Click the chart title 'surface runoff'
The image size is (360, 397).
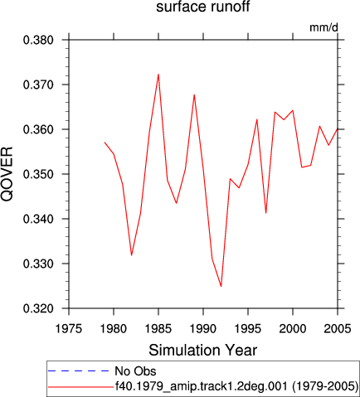coord(203,7)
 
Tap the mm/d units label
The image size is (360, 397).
coord(324,27)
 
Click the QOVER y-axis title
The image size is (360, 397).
coord(7,174)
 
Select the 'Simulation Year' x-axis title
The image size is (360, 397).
coord(203,351)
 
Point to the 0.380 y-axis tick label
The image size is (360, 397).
coord(38,40)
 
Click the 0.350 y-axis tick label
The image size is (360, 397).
coord(38,174)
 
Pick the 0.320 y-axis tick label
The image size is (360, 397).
coord(38,308)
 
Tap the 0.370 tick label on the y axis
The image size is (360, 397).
coord(38,85)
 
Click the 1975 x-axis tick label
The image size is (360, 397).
coord(69,329)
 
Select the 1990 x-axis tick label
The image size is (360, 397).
coord(203,329)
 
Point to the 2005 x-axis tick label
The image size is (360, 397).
coord(338,329)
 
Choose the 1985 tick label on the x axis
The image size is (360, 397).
coord(158,329)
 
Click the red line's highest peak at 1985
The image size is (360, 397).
coord(158,74)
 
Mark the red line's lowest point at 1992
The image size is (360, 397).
coord(221,287)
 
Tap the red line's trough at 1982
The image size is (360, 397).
coord(131,255)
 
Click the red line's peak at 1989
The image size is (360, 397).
coord(194,94)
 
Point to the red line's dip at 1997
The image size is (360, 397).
coord(265,213)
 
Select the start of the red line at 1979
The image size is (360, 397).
coord(105,143)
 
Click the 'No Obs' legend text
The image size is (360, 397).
coord(135,371)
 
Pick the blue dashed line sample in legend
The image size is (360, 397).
coord(79,370)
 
